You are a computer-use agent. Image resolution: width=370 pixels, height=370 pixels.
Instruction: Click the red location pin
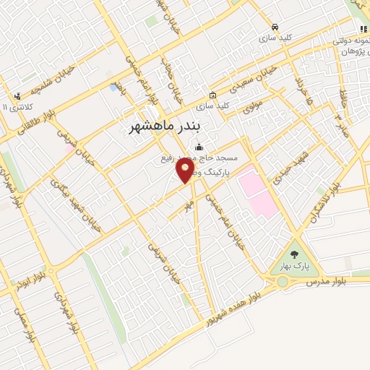[186, 171]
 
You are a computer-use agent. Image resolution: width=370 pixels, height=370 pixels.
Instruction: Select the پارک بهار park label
[297, 266]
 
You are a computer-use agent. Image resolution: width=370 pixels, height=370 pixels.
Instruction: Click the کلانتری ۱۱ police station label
[14, 106]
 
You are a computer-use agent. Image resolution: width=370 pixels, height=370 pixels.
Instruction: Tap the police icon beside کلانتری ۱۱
[17, 95]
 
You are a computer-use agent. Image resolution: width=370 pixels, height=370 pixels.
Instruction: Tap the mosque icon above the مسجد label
[199, 148]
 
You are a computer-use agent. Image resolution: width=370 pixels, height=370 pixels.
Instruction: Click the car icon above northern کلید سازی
[274, 26]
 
